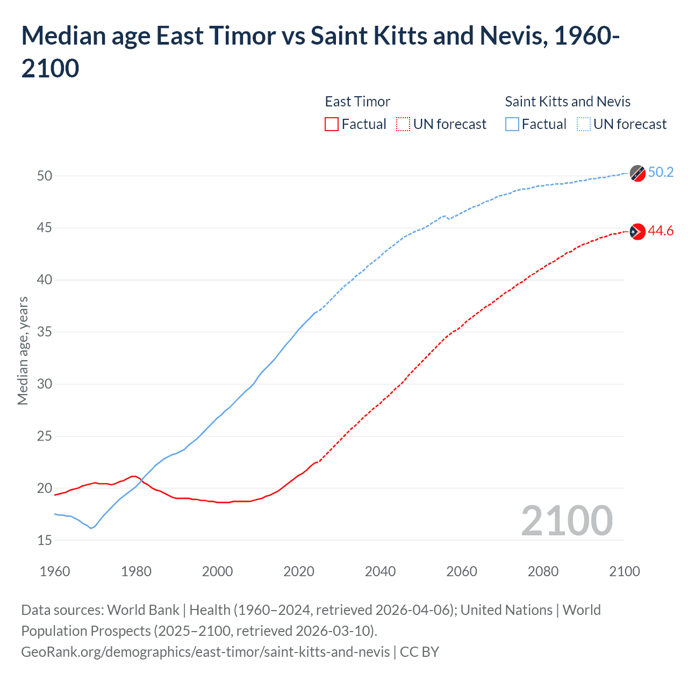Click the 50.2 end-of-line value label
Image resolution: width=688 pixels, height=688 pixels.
[661, 172]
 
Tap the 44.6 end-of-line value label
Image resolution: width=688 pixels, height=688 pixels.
[661, 231]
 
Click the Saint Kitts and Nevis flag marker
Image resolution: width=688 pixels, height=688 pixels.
[637, 173]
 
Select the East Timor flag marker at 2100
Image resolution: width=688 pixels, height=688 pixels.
[637, 232]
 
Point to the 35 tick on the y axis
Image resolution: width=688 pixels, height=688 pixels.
[45, 332]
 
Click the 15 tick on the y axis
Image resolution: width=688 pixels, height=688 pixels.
[45, 540]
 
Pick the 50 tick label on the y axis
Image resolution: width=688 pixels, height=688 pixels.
[45, 176]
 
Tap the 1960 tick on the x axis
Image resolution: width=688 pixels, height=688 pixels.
[55, 571]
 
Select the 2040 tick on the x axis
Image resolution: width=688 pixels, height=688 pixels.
[380, 571]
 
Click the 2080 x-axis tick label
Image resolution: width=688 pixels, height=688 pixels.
[543, 571]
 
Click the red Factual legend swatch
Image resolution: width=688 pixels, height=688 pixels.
[332, 124]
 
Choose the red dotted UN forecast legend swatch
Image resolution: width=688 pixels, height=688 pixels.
[403, 124]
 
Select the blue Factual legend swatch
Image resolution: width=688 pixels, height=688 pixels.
[512, 124]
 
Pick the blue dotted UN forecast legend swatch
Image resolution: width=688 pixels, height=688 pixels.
[583, 124]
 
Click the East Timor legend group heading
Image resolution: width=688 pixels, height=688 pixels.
[357, 102]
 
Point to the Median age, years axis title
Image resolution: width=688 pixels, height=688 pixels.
[23, 350]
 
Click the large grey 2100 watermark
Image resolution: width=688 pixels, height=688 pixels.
[567, 521]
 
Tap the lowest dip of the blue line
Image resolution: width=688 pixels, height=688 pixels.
[91, 528]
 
